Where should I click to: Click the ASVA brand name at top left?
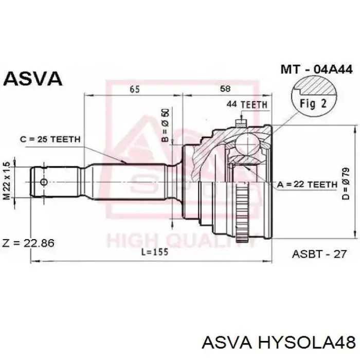tap(33, 79)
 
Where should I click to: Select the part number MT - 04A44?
tap(316, 69)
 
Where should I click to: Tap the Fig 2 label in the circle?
tap(313, 103)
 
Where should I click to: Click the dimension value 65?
tap(135, 89)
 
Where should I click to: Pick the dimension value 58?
tap(225, 88)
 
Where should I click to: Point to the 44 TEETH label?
tap(247, 105)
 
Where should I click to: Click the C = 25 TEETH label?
tap(50, 139)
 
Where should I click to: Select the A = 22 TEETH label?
tap(308, 184)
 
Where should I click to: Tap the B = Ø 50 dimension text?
tap(165, 125)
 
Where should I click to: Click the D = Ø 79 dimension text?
tap(346, 184)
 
